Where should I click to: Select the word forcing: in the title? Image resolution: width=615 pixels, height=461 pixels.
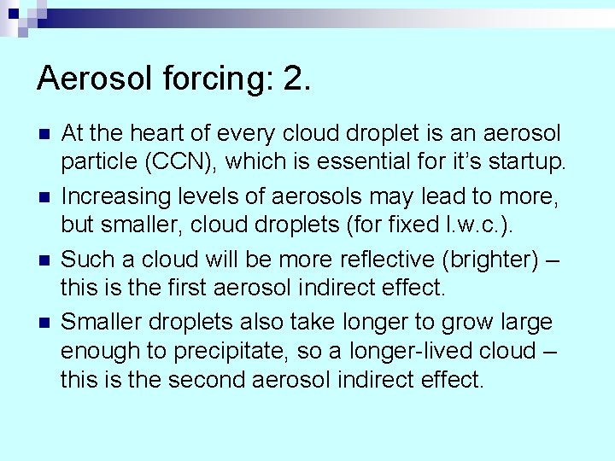[214, 79]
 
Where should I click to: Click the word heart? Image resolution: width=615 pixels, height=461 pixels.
[172, 133]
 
